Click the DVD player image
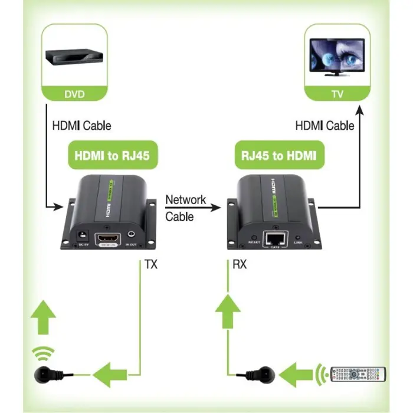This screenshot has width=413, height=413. click(75, 57)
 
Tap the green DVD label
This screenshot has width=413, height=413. click(74, 94)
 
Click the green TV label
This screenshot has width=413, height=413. click(337, 94)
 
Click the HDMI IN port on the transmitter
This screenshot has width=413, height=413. click(109, 240)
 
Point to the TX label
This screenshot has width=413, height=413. click(151, 265)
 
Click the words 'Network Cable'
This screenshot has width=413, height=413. click(185, 208)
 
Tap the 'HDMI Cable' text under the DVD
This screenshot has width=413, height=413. click(81, 125)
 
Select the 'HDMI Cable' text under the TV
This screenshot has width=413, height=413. click(324, 125)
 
